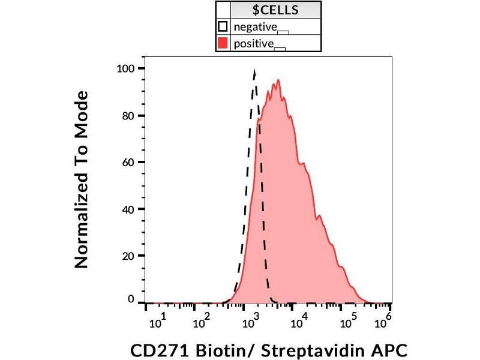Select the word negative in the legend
[x=255, y=27]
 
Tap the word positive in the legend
[x=254, y=43]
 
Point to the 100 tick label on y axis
[x=127, y=68]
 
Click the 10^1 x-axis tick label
[x=158, y=322]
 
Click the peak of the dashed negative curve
[x=255, y=71]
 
